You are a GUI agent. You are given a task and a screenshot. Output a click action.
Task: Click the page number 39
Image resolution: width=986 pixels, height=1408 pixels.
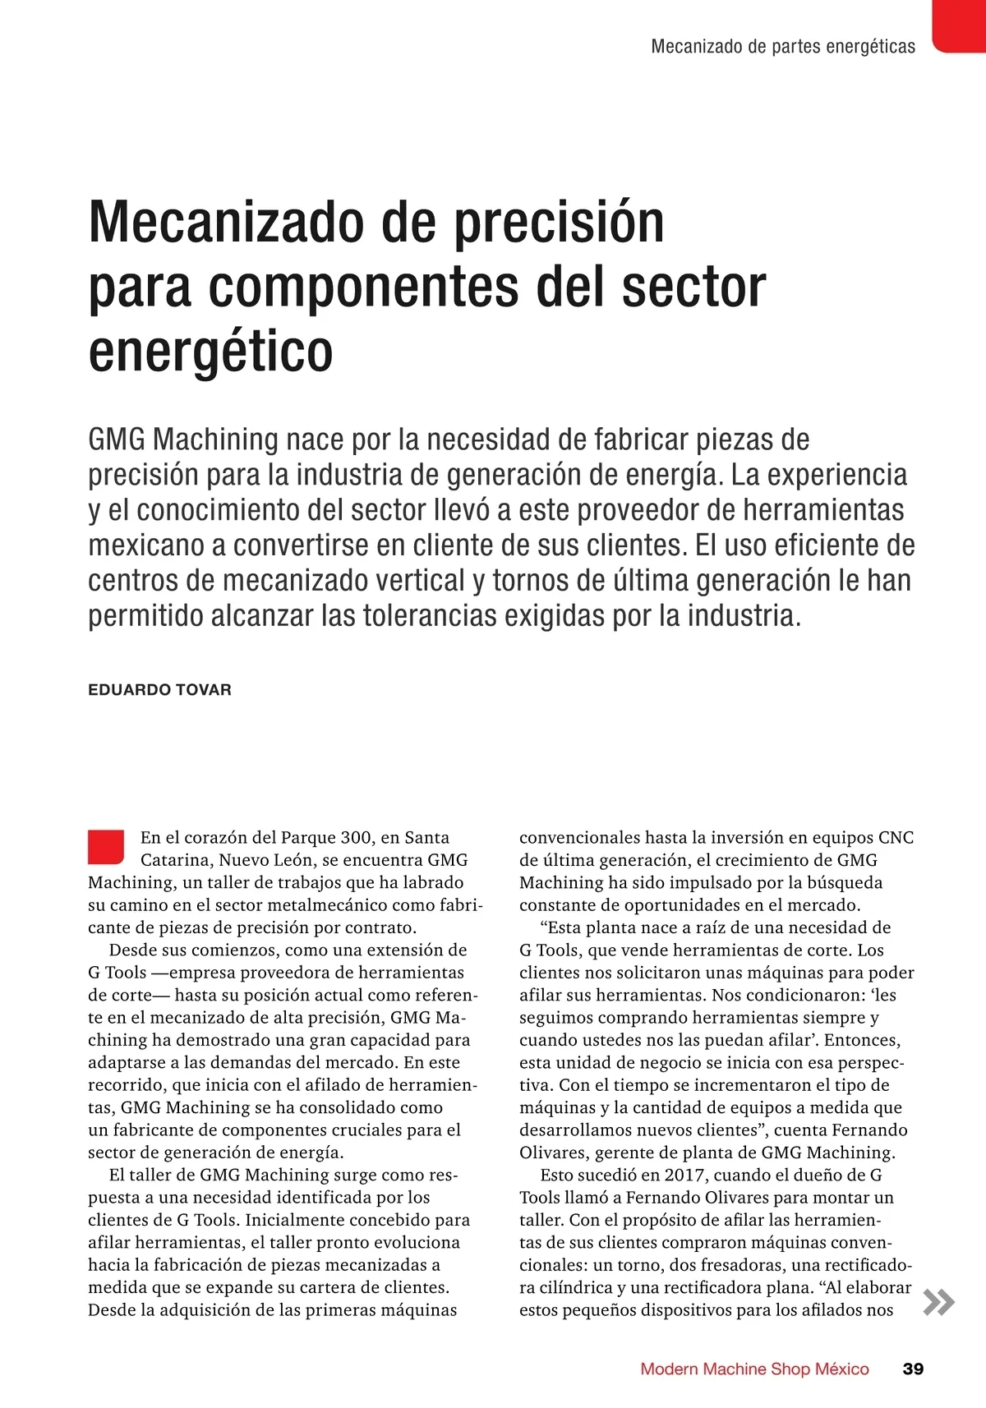[913, 1369]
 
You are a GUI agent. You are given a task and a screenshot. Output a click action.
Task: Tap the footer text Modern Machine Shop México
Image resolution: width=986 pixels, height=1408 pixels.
[754, 1369]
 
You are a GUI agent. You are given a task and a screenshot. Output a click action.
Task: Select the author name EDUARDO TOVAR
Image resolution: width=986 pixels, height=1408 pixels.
[159, 690]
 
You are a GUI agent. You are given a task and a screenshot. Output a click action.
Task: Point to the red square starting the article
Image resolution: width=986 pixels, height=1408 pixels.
[106, 847]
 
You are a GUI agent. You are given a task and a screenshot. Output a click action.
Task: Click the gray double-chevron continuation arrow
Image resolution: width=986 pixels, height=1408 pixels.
[939, 1303]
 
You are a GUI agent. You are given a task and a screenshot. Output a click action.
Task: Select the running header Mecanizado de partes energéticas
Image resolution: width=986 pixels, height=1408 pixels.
[783, 47]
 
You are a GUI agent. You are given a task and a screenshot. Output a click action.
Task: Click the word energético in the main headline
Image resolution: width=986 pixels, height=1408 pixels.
[211, 351]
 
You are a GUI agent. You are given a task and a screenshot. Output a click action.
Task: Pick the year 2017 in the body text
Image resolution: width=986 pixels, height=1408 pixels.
[684, 1175]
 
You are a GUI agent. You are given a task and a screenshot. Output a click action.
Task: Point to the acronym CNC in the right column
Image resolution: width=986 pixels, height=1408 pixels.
[896, 838]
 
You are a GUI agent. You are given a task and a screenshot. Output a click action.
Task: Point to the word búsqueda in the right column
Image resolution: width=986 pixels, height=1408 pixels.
[845, 883]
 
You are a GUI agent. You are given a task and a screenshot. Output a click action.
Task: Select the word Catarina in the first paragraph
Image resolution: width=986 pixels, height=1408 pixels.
[176, 860]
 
